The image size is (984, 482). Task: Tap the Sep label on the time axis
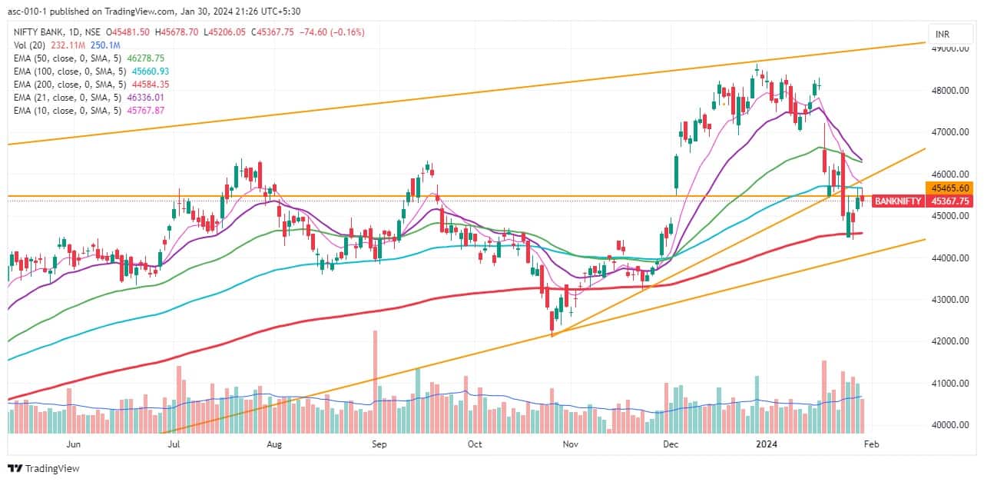[x=378, y=444]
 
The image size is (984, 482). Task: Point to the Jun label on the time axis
[x=74, y=444]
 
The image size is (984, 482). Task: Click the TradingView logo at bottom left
[x=44, y=468]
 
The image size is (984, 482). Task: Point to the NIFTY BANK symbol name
[x=42, y=32]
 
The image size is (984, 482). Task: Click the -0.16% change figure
[x=347, y=32]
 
